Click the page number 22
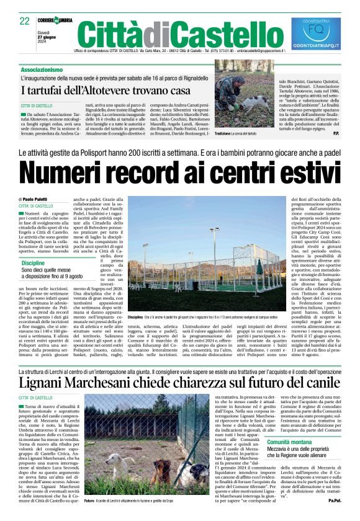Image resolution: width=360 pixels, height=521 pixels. point(25,21)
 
